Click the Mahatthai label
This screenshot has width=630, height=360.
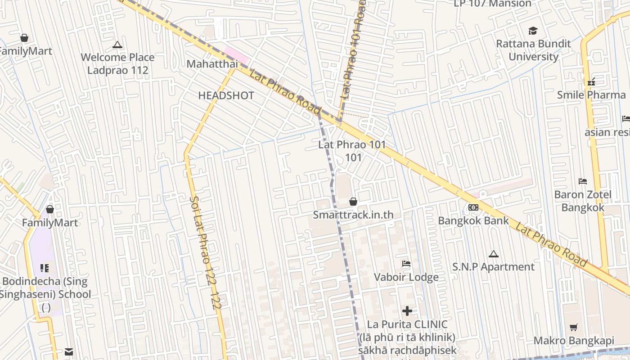(x=212, y=64)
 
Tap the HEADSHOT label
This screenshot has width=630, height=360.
(x=226, y=95)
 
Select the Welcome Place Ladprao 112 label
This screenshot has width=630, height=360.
(x=117, y=63)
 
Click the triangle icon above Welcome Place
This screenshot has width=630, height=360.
(x=117, y=45)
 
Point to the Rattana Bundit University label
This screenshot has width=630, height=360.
(x=533, y=50)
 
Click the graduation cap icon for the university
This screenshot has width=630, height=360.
(x=533, y=31)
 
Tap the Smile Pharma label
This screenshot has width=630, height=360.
(x=591, y=95)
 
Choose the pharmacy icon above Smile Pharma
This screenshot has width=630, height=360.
(x=591, y=82)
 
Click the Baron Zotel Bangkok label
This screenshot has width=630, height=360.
(x=583, y=201)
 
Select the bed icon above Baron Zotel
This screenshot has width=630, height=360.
(x=583, y=181)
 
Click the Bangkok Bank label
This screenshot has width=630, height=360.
(x=473, y=220)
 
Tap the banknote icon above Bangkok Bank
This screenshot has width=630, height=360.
(x=473, y=207)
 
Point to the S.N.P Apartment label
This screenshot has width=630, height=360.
(x=493, y=267)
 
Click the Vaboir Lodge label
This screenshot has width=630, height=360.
(x=406, y=277)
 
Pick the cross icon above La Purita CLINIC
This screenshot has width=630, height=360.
(x=407, y=311)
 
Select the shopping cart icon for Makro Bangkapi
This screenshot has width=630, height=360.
(x=573, y=328)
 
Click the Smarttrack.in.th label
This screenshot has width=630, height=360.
(x=353, y=215)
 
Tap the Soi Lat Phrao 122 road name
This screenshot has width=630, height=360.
(x=205, y=252)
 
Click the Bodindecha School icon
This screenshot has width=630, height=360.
(x=45, y=268)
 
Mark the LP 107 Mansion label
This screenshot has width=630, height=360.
(x=492, y=4)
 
